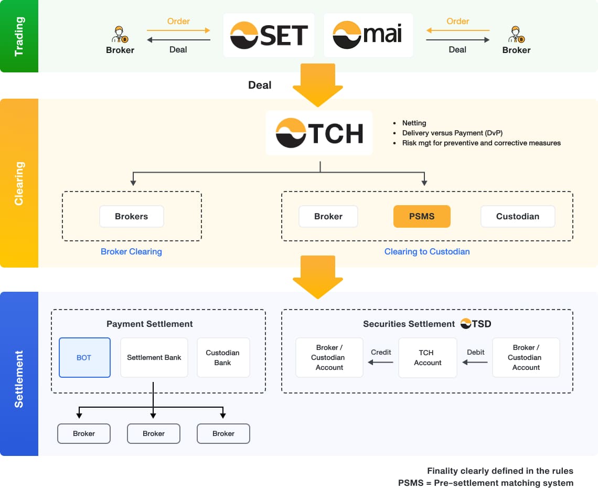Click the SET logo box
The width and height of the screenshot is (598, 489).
pos(269,35)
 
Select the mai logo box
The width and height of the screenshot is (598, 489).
pos(368,35)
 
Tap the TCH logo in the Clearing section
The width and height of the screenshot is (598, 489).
pos(319,133)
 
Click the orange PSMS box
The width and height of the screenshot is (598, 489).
pos(422,216)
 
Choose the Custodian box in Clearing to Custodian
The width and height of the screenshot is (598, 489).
pos(517,216)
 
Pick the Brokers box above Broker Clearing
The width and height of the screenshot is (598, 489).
pos(131,216)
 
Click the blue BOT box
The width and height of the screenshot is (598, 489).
pos(84,357)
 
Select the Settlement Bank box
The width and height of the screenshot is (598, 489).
pos(154,357)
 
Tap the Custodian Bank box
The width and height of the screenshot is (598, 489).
pos(223,357)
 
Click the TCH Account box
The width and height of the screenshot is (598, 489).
pos(428,357)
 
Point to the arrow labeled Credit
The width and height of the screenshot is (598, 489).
pos(381,362)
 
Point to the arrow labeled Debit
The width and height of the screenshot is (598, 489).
pos(475,362)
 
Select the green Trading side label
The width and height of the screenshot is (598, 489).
pos(19,36)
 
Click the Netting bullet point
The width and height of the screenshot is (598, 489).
pos(414,123)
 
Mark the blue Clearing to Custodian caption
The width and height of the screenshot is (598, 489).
pos(426,251)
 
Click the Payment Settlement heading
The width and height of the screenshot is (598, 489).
pos(149,324)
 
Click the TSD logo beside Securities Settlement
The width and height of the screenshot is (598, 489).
pos(476,324)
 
